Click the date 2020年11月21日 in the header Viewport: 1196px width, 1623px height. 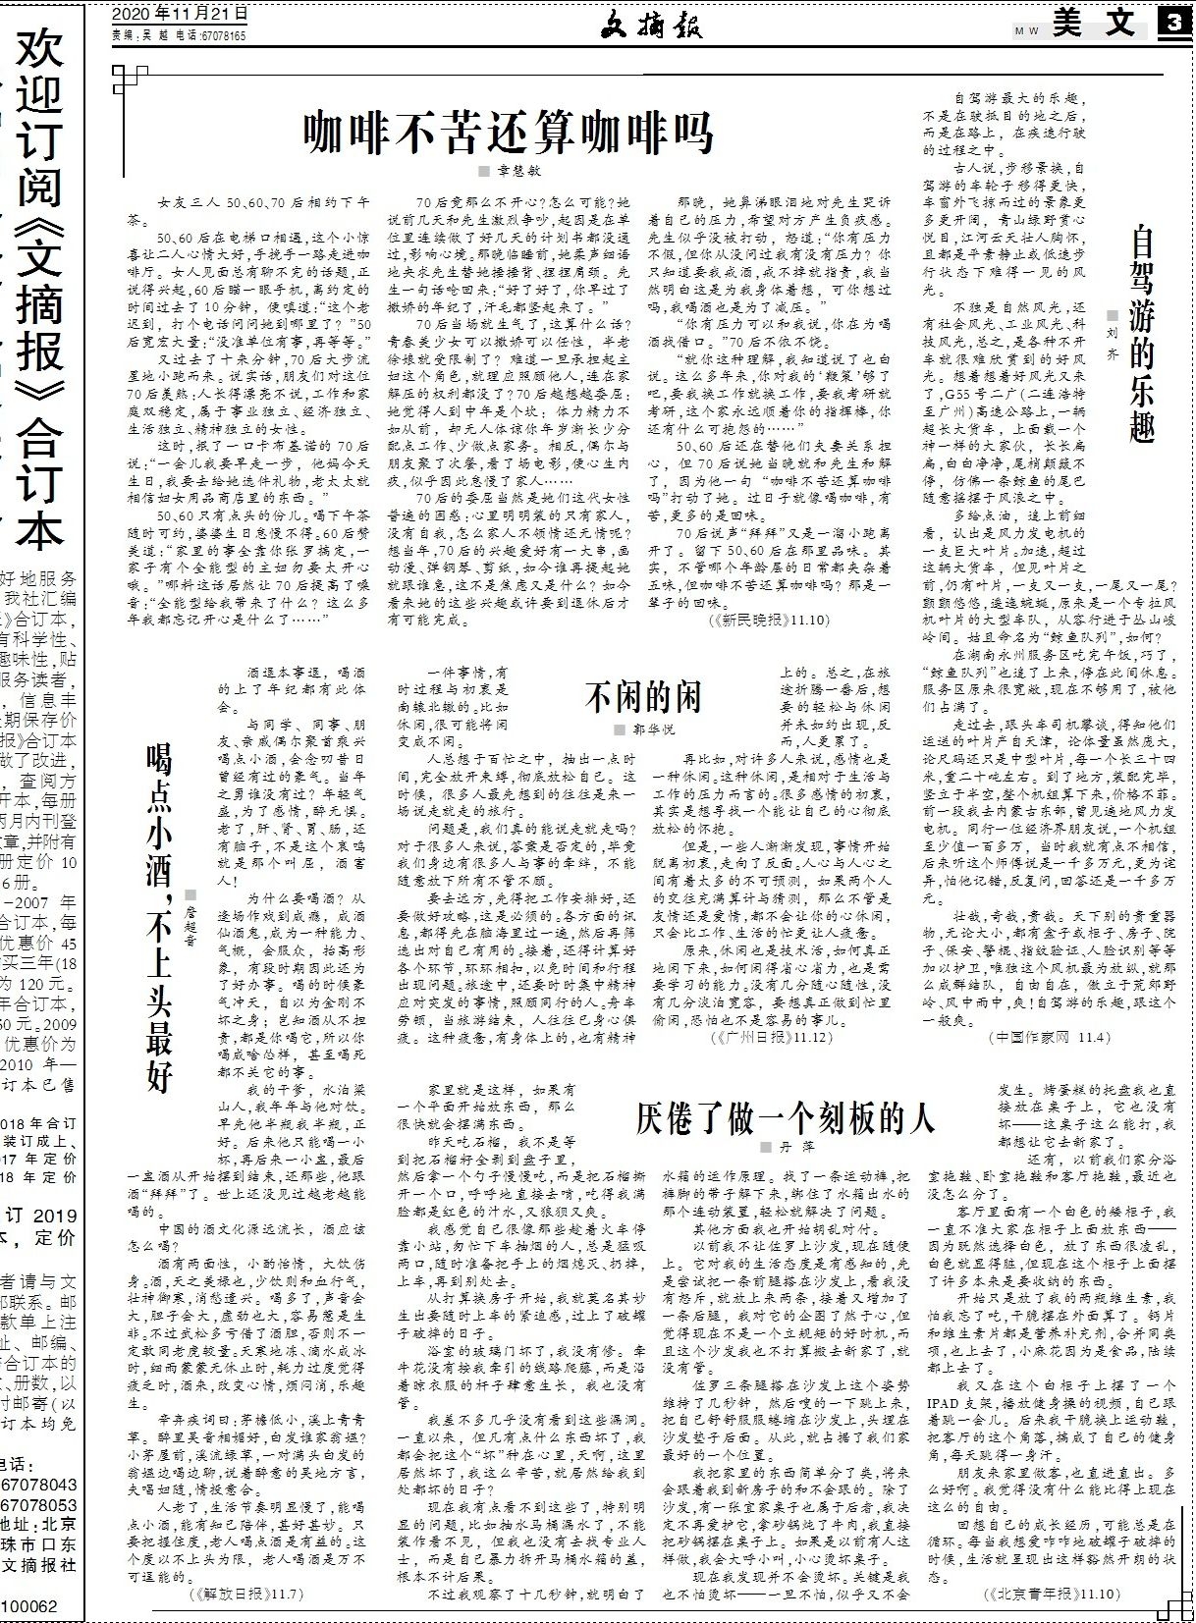tap(180, 14)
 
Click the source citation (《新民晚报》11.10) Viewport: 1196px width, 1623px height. tap(768, 621)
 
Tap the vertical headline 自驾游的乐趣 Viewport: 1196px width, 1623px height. tap(1142, 334)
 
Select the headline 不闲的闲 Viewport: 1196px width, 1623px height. tap(643, 697)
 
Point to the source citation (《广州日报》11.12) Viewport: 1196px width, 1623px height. tap(767, 1036)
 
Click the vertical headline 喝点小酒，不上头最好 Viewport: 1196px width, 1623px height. tap(160, 918)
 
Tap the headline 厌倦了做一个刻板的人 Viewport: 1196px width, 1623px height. tap(785, 1118)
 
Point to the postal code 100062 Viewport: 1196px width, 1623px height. tap(32, 1607)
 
